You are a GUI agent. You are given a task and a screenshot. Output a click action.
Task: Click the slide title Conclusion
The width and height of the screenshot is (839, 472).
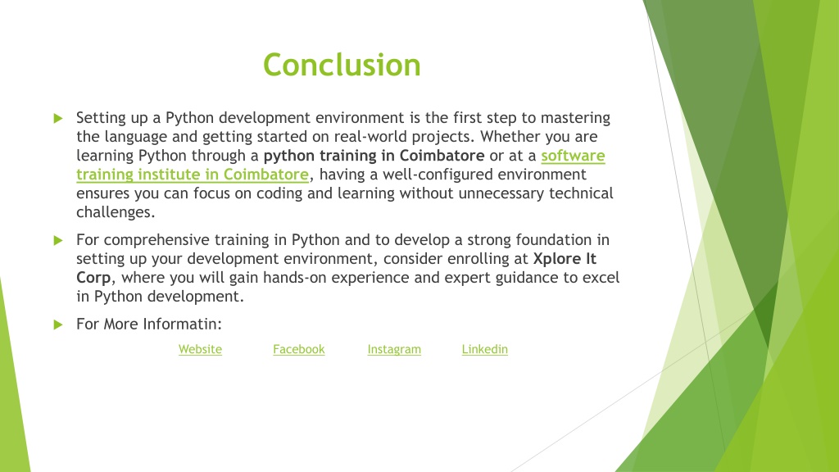point(342,65)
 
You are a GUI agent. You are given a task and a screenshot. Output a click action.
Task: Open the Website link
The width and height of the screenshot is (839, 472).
point(200,349)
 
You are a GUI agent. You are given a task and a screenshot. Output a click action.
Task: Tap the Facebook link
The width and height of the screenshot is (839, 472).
point(298,349)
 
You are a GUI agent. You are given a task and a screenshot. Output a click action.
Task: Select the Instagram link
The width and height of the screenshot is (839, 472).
point(394,349)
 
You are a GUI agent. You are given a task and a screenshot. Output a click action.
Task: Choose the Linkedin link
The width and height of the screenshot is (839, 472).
point(485,349)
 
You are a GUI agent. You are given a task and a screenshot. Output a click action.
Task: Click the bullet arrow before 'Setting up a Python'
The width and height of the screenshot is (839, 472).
point(58,118)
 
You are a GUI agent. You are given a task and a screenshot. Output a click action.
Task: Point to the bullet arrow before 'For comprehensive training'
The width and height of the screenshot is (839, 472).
point(58,240)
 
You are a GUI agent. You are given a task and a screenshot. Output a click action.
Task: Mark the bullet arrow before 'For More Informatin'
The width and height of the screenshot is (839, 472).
point(58,324)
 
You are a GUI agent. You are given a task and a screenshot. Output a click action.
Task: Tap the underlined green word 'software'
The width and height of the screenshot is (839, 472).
point(573,156)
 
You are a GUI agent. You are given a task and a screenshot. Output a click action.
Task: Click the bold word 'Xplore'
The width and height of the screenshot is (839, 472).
point(556,259)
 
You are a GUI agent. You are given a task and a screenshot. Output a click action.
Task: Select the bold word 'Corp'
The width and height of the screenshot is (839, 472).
point(93,278)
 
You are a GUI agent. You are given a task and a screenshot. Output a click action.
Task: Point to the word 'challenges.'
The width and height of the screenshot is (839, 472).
point(116,212)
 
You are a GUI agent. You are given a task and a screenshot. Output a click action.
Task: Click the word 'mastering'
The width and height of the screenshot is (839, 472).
point(575,118)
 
